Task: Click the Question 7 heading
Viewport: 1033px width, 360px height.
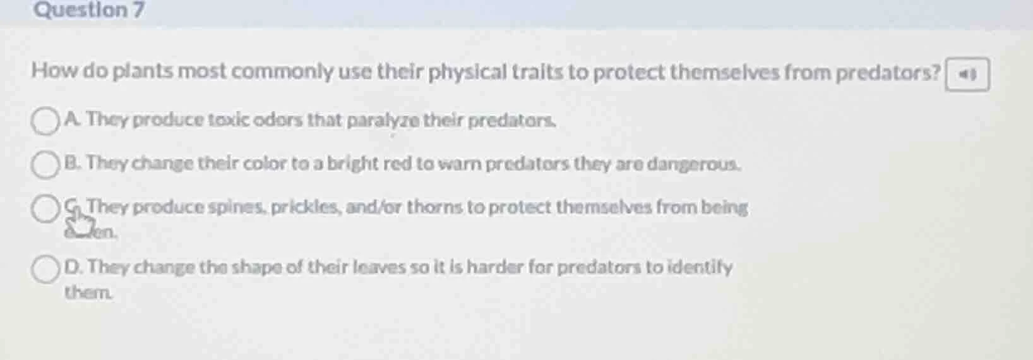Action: pos(88,10)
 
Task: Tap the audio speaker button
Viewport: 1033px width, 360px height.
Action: pos(967,75)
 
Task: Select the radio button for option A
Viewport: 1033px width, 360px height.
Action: pos(45,121)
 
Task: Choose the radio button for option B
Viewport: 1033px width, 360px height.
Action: pos(45,165)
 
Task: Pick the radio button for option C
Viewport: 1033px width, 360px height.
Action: pos(45,209)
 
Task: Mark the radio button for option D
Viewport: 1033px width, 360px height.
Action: pos(45,269)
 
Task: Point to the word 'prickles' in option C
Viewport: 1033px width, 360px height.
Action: pos(306,207)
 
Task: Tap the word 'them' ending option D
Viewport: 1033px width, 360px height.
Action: pos(88,292)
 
